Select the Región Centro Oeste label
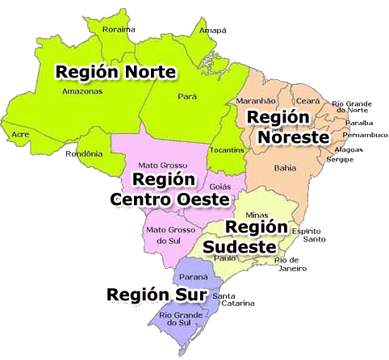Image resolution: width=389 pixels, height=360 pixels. (x=168, y=188)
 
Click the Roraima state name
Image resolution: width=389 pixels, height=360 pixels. (x=118, y=29)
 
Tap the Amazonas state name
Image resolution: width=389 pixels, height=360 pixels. (x=81, y=92)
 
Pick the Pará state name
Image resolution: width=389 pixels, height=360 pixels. (x=187, y=95)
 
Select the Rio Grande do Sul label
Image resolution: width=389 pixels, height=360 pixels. (x=178, y=318)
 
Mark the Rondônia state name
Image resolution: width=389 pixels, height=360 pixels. (x=86, y=153)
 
